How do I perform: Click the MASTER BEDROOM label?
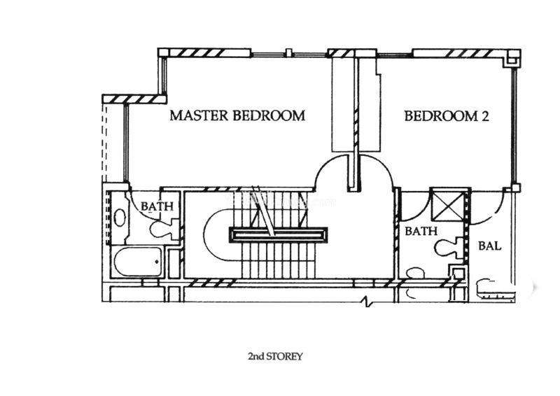[237, 115]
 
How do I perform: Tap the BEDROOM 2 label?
[446, 115]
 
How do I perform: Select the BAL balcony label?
[488, 246]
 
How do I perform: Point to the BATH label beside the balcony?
[422, 230]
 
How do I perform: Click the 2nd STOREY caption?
[275, 356]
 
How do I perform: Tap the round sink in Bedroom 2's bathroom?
[415, 273]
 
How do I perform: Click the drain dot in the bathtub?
[157, 264]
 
